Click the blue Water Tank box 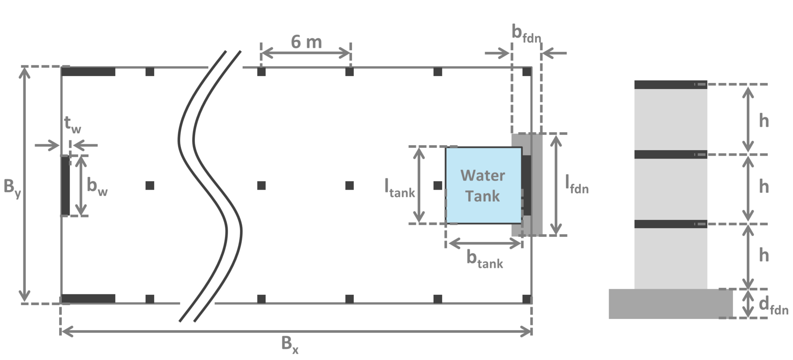483,185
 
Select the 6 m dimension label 306,42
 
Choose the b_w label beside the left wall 97,186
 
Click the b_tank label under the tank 485,259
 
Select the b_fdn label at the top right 526,33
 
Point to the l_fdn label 577,184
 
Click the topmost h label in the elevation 764,121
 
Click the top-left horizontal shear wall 89,72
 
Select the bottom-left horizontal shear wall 89,299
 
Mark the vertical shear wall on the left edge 65,185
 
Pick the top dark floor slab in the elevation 670,85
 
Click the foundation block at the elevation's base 670,304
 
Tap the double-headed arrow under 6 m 306,54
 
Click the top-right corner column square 527,72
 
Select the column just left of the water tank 438,185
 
